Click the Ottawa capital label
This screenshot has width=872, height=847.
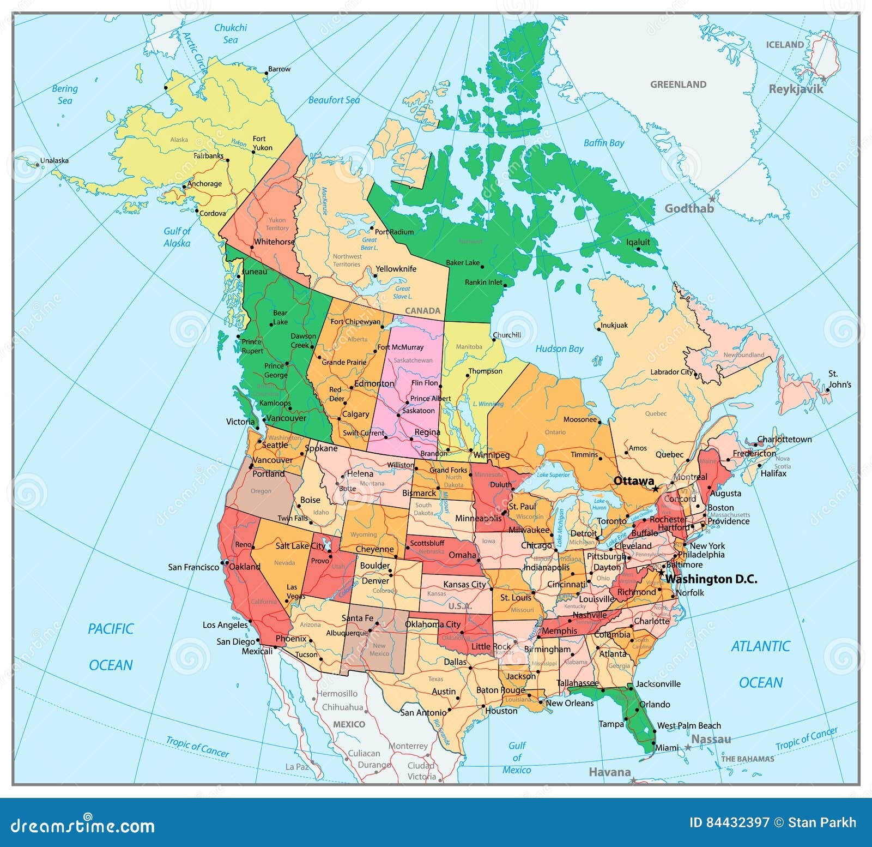pyautogui.click(x=633, y=480)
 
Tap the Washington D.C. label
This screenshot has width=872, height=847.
pyautogui.click(x=711, y=579)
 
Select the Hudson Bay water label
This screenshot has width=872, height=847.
pyautogui.click(x=559, y=349)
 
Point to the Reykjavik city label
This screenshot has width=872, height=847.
pyautogui.click(x=795, y=89)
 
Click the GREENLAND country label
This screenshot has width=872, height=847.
pyautogui.click(x=678, y=85)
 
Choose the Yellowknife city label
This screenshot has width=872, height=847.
pyautogui.click(x=396, y=269)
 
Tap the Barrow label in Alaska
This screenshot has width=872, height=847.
pyautogui.click(x=279, y=69)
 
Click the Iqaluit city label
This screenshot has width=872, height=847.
pyautogui.click(x=638, y=242)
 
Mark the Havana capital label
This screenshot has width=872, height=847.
pyautogui.click(x=609, y=772)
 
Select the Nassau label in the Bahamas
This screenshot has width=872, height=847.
pyautogui.click(x=711, y=739)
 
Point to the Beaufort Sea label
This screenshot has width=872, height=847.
pyautogui.click(x=334, y=100)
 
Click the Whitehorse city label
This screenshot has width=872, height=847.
pyautogui.click(x=274, y=242)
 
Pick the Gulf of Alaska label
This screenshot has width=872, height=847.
pyautogui.click(x=177, y=237)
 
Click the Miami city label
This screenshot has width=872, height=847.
pyautogui.click(x=667, y=748)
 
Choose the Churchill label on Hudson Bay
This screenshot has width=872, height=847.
pyautogui.click(x=507, y=335)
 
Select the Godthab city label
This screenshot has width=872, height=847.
pyautogui.click(x=689, y=208)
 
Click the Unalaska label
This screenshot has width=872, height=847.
pyautogui.click(x=55, y=160)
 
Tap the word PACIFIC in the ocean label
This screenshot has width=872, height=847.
pyautogui.click(x=111, y=629)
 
